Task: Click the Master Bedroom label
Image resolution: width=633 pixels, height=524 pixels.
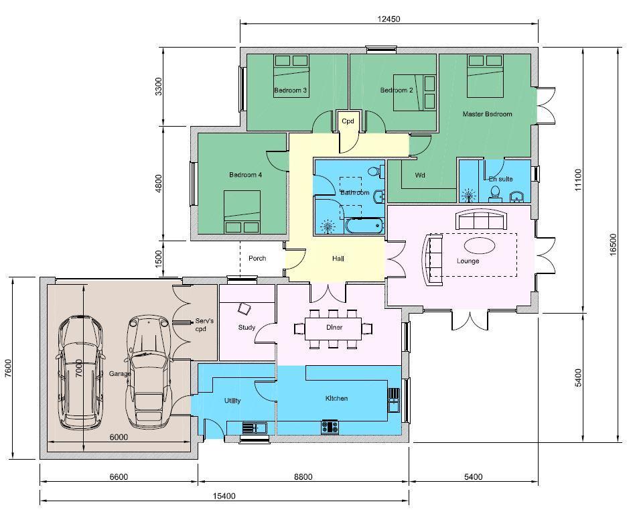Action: click(x=487, y=114)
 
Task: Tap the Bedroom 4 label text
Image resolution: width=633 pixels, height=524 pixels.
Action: click(x=245, y=175)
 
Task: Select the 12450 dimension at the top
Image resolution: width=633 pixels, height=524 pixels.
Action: click(x=389, y=19)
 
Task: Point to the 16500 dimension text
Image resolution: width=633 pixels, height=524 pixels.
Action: click(x=613, y=244)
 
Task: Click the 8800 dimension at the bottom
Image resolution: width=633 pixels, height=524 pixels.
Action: click(x=303, y=477)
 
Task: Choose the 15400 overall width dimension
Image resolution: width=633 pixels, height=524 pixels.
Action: click(x=224, y=496)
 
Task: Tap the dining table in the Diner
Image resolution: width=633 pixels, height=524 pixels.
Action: click(x=333, y=328)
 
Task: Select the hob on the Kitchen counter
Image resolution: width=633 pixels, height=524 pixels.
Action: click(x=330, y=427)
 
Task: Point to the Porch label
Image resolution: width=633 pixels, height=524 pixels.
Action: click(x=257, y=259)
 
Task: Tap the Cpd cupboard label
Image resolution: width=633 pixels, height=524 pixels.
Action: click(x=348, y=121)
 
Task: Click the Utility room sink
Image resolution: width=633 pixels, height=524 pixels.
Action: click(x=255, y=427)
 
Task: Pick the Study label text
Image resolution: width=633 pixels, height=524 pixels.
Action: click(x=247, y=328)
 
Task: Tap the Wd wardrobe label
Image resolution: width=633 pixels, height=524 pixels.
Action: click(x=420, y=175)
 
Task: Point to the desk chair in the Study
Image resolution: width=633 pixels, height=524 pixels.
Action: click(x=244, y=309)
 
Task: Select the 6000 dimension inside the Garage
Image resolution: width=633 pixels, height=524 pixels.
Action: click(x=119, y=437)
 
